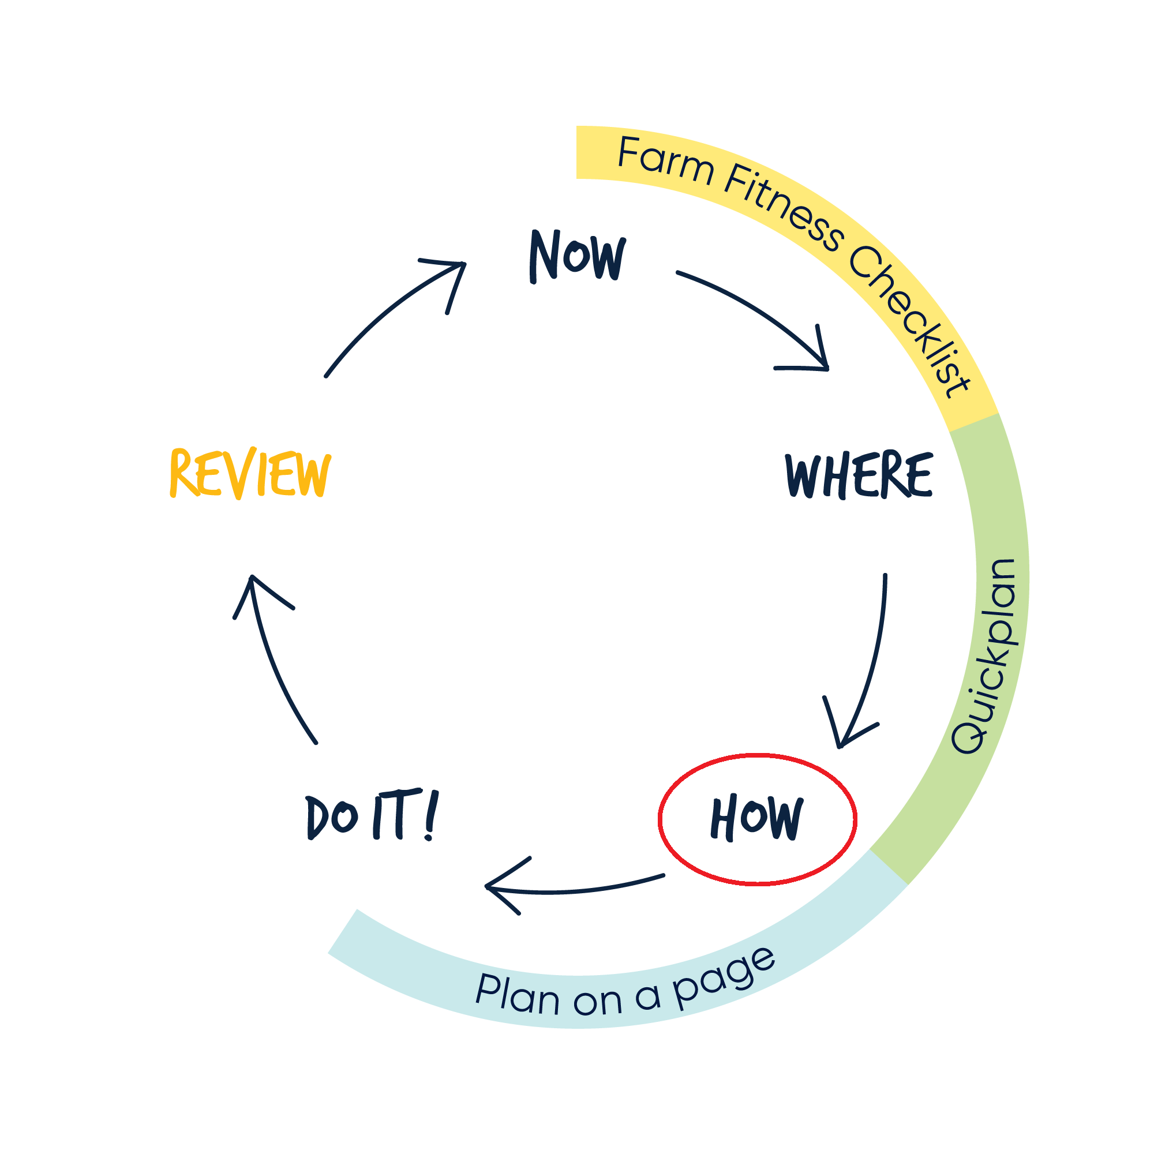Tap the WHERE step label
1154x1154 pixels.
[x=859, y=475]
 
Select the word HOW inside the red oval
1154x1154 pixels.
[x=757, y=818]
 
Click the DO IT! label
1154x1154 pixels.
[x=372, y=816]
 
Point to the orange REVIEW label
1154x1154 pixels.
[x=250, y=474]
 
